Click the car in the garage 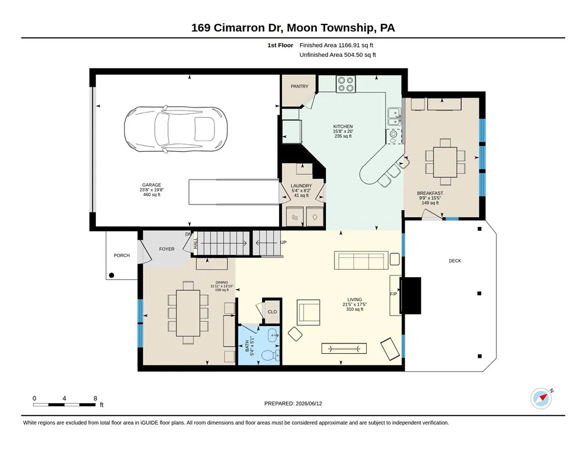[176, 129]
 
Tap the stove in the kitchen [346, 84]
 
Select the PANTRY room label [300, 87]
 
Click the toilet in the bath [270, 355]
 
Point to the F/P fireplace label [394, 294]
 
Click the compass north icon [541, 399]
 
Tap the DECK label [455, 261]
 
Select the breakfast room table [445, 162]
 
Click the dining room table [188, 313]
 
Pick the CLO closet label [273, 311]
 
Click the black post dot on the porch [112, 275]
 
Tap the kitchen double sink [394, 117]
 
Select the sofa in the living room [360, 260]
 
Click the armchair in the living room [309, 313]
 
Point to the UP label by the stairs [283, 242]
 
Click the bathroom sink [274, 335]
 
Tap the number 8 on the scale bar [95, 398]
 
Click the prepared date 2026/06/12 [309, 403]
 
